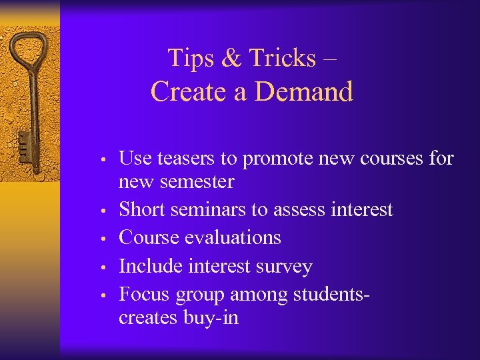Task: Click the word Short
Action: click(x=142, y=209)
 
